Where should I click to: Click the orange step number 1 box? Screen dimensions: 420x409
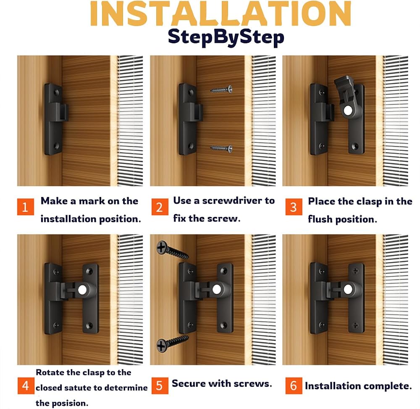coord(26,207)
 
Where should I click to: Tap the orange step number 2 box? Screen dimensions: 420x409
coord(160,207)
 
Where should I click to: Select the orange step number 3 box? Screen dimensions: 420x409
coord(294,207)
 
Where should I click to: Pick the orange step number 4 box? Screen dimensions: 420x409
coord(26,385)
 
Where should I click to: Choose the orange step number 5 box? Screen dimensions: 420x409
coord(160,385)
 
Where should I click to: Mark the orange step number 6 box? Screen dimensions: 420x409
coord(294,385)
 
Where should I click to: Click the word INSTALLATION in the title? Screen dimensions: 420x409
coord(220,14)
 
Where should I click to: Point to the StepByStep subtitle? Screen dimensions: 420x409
coord(226,37)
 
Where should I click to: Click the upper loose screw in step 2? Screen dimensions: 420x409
coord(221,90)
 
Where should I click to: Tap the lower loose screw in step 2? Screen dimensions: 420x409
coord(221,148)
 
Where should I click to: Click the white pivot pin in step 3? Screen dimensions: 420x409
coord(348,111)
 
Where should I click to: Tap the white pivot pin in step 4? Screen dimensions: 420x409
coord(82,290)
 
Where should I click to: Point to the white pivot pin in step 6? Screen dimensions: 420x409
coord(348,290)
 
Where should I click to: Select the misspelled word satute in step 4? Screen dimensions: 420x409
coord(78,388)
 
